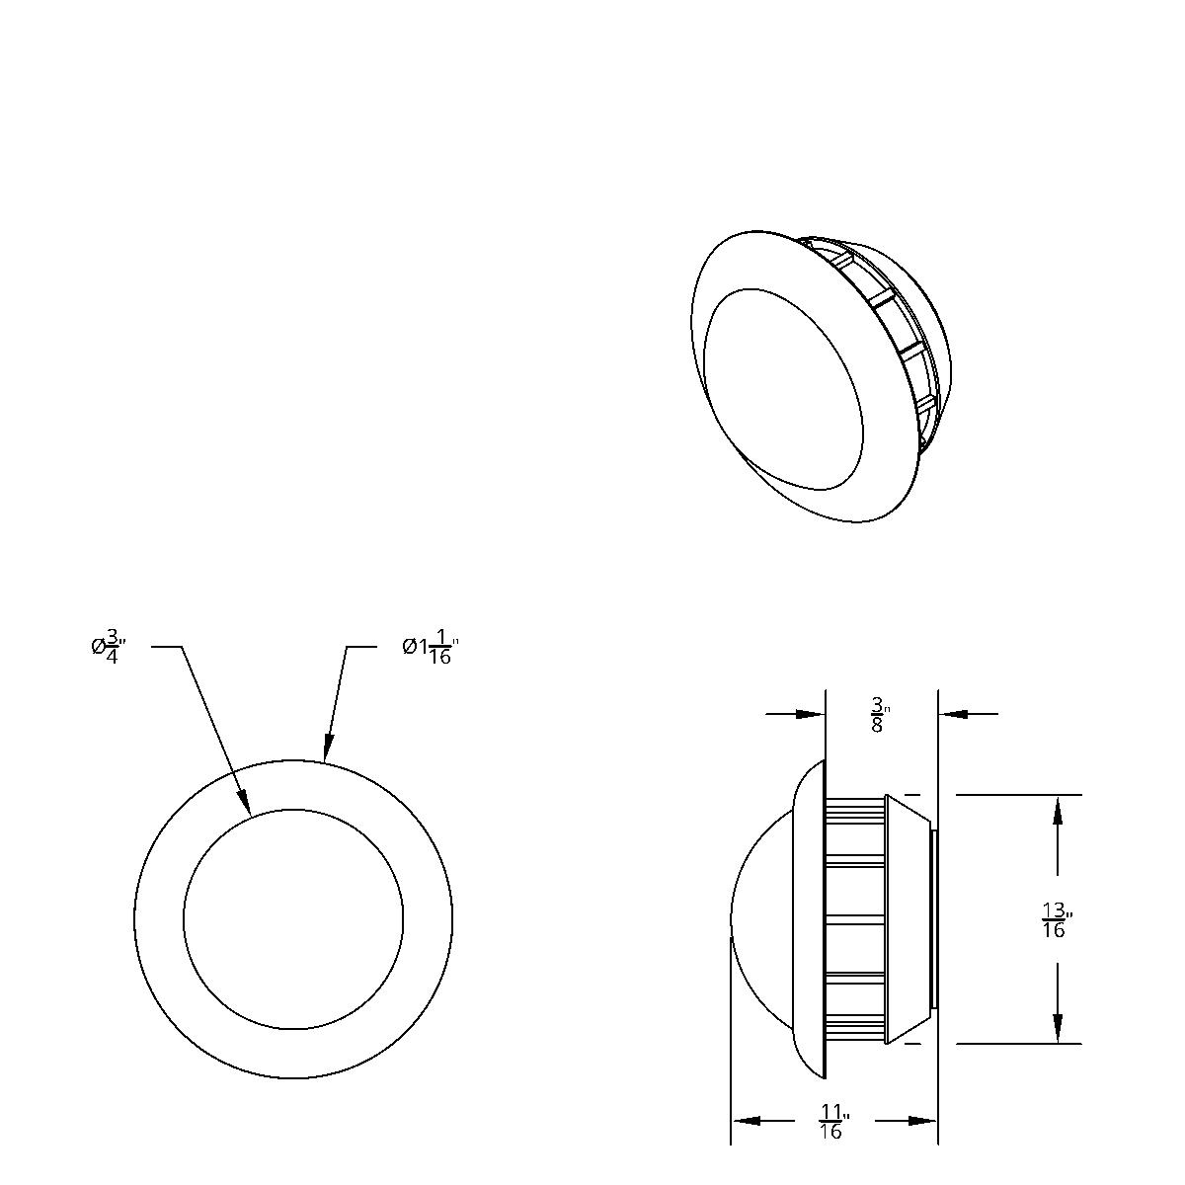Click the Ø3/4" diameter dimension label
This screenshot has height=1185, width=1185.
[109, 647]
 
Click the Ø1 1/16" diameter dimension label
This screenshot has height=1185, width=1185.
[431, 648]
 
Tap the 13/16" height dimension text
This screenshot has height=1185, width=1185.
[1056, 920]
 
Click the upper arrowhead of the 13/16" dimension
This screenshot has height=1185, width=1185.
[1058, 810]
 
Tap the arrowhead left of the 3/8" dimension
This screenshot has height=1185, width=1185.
[811, 714]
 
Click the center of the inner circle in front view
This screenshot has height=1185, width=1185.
[293, 919]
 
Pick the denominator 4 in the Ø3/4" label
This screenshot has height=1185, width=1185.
[112, 658]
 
